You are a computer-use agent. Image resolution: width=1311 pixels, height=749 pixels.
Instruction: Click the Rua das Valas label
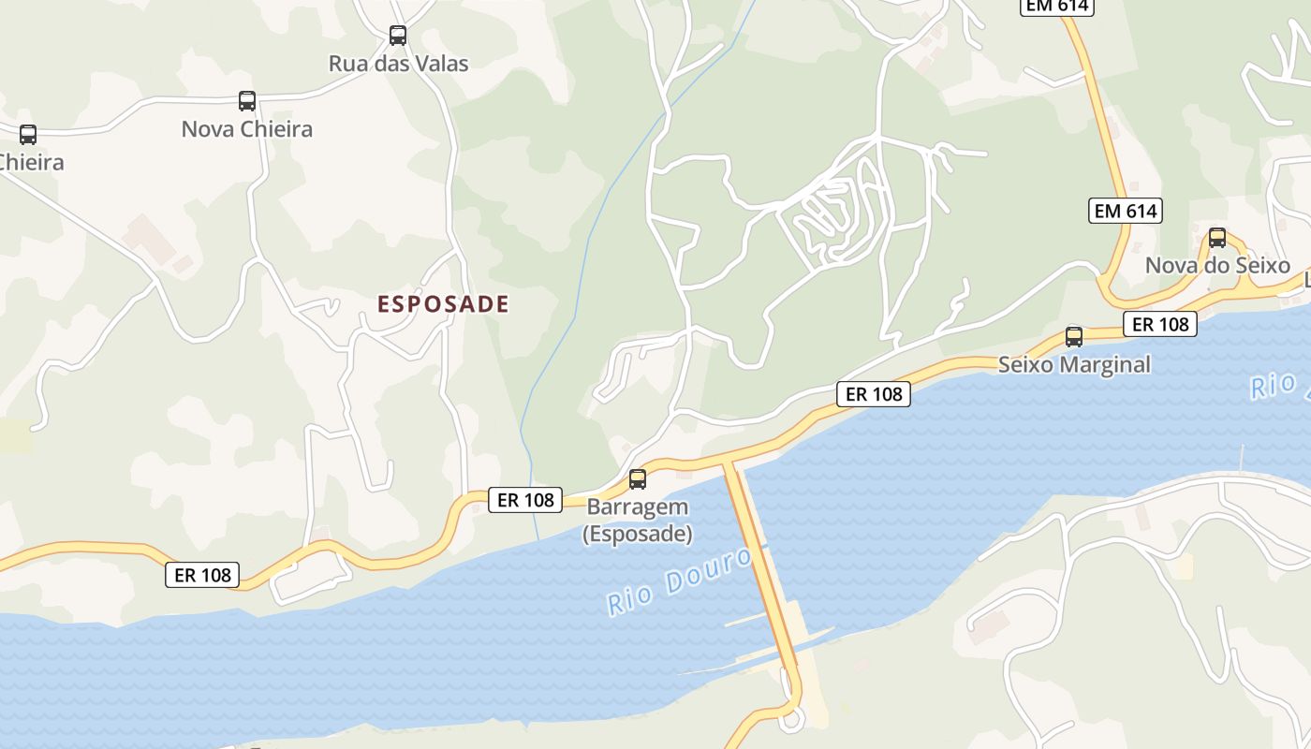398,64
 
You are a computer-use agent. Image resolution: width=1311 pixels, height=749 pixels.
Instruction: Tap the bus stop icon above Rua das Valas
398,36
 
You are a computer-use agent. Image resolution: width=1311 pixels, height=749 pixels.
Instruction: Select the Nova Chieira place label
247,129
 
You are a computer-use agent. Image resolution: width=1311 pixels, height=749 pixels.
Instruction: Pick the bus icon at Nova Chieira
247,101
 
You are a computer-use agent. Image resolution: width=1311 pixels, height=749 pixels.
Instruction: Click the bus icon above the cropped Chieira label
28,135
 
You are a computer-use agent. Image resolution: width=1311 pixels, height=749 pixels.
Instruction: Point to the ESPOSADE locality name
443,303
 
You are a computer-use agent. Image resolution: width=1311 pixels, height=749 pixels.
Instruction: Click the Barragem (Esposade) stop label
638,521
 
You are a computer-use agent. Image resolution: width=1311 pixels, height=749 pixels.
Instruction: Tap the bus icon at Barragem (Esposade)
638,479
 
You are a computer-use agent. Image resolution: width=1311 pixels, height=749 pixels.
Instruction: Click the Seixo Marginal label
1074,364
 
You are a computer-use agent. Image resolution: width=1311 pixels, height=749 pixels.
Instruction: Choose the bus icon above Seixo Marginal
1074,337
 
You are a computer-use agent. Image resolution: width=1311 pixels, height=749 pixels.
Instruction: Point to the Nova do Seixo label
1217,265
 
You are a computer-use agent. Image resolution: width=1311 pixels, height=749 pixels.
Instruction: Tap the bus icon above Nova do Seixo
1217,238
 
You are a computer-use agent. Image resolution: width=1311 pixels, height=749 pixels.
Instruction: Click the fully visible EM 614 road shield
1126,211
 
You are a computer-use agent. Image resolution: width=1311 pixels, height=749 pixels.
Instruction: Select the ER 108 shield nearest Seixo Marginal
1160,324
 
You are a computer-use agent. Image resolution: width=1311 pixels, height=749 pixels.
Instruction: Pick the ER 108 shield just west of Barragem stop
525,500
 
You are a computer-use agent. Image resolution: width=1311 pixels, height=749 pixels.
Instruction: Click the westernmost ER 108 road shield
202,575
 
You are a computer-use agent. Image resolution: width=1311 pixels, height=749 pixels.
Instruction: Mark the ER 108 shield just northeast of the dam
874,394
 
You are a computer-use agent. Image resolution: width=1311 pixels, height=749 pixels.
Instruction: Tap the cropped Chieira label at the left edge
31,162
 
